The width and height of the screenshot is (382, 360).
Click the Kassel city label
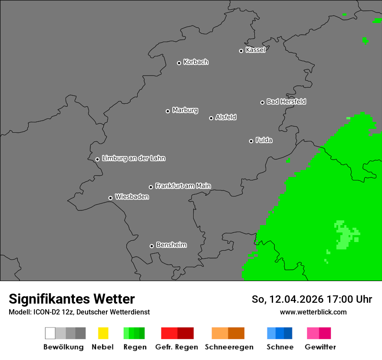point(255,50)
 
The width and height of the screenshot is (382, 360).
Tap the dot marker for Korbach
point(179,63)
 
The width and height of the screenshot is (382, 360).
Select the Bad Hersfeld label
point(286,101)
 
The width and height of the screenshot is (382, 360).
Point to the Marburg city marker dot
point(168,111)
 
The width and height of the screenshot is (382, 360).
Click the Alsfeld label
point(226,117)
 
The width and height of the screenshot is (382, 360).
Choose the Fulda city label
point(264,140)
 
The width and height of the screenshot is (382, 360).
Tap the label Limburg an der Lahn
point(133,158)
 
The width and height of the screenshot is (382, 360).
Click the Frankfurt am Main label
point(183,186)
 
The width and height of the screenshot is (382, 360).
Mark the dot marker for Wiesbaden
point(110,198)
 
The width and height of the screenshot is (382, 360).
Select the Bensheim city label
point(171,245)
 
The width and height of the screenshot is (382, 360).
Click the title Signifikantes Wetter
point(72,299)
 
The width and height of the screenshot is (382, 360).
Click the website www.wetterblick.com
point(313,312)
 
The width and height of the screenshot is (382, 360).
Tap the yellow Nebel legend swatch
point(103,333)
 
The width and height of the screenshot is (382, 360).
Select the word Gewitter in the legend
point(320,347)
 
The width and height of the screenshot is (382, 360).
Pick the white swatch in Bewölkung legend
point(50,333)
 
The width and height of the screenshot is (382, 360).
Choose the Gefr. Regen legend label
point(177,347)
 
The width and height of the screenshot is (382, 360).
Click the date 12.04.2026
point(293,299)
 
